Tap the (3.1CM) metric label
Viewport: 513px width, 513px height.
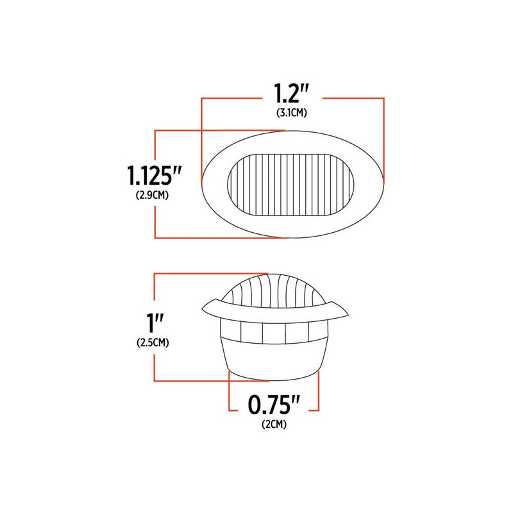tap(292, 114)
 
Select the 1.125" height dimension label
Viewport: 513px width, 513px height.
tap(154, 176)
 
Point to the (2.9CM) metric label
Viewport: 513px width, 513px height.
tap(153, 196)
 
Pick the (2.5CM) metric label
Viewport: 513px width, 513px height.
tap(153, 343)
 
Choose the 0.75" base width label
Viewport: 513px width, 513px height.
tap(274, 405)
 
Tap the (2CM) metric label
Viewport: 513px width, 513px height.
tap(274, 425)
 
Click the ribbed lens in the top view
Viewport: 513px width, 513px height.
tap(291, 185)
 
